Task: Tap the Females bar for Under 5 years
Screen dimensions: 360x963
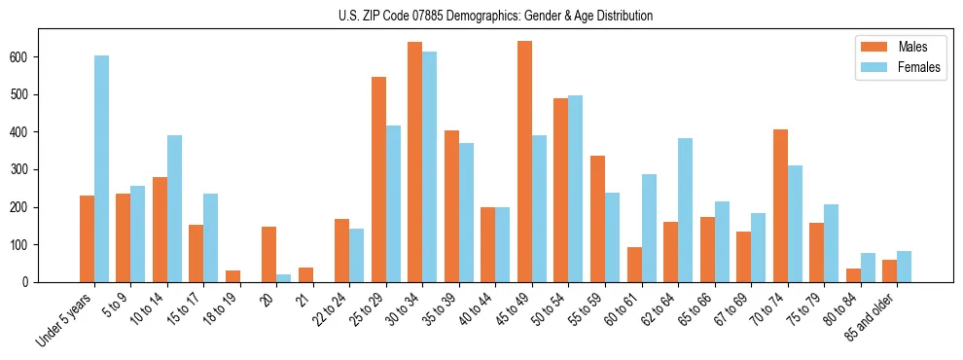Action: [x=101, y=168]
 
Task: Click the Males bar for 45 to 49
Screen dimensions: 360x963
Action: [x=524, y=162]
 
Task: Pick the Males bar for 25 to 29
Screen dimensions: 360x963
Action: [x=378, y=179]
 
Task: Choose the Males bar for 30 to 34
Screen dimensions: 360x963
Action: [x=415, y=162]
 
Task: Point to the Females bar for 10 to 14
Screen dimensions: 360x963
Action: [x=174, y=208]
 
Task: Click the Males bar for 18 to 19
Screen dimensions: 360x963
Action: [x=232, y=276]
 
